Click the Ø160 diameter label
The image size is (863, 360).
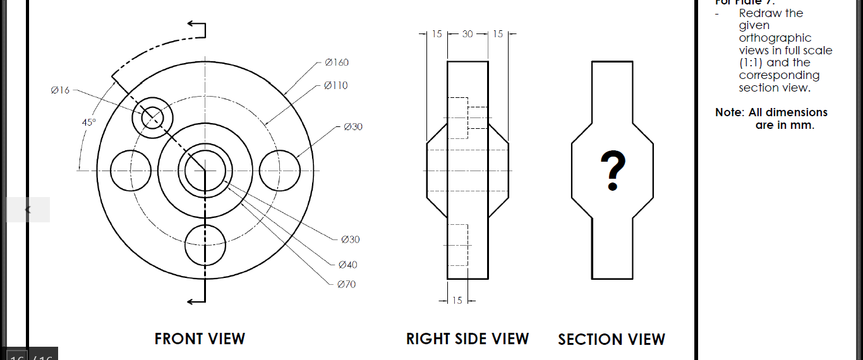(x=336, y=63)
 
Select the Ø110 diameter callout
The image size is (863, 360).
(x=335, y=85)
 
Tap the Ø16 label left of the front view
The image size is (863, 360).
(x=60, y=90)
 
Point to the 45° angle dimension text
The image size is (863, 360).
(x=89, y=122)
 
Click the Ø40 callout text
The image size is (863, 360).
(x=347, y=265)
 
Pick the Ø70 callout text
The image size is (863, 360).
(x=346, y=284)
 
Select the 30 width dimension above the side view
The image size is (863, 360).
(x=468, y=34)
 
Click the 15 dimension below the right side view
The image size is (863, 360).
(x=457, y=301)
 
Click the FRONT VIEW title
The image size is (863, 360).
(x=200, y=339)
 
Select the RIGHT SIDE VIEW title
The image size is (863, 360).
(x=467, y=339)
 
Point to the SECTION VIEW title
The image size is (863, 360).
(x=611, y=340)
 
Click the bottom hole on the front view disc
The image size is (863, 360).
(x=205, y=245)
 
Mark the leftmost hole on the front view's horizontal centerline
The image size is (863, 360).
(x=131, y=170)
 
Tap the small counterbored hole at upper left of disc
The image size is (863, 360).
(x=152, y=117)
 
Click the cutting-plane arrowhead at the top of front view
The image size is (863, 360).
(x=191, y=25)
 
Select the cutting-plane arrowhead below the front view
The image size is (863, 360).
(x=191, y=302)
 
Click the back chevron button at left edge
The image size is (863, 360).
(x=28, y=210)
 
